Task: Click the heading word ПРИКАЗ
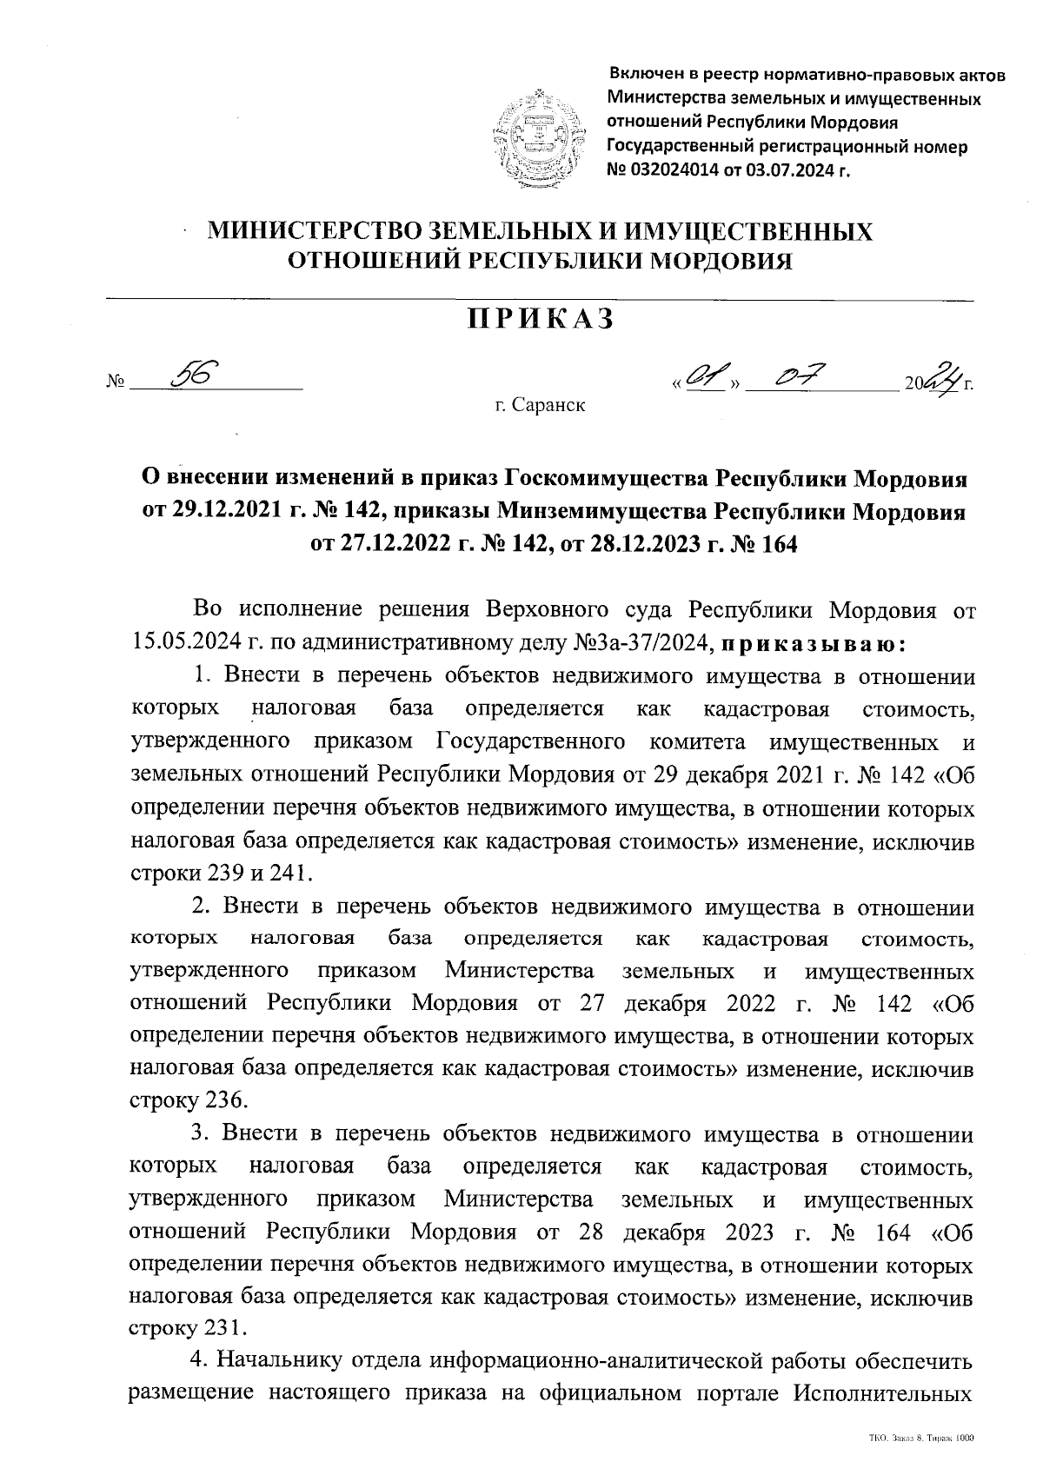[x=541, y=319]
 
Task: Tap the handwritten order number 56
[x=195, y=375]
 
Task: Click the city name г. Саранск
[x=539, y=405]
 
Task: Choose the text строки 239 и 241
[x=217, y=871]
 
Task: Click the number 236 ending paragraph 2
[x=227, y=1100]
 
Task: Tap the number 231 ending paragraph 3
[x=225, y=1327]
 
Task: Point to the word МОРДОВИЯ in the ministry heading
[x=716, y=260]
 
